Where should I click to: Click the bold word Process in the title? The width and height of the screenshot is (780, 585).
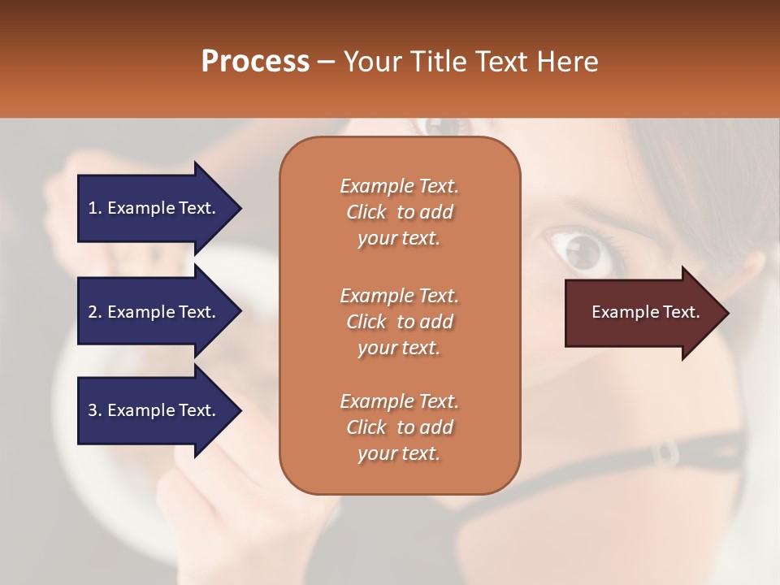click(255, 62)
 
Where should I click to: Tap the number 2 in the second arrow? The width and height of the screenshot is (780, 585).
click(93, 312)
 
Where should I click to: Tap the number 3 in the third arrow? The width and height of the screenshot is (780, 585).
click(93, 410)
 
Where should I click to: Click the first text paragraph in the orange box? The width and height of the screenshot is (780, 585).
click(399, 212)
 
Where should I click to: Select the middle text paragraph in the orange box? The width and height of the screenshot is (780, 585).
click(399, 322)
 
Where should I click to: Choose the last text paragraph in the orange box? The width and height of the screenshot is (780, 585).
click(399, 427)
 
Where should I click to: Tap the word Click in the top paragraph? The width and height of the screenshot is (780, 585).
click(366, 212)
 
